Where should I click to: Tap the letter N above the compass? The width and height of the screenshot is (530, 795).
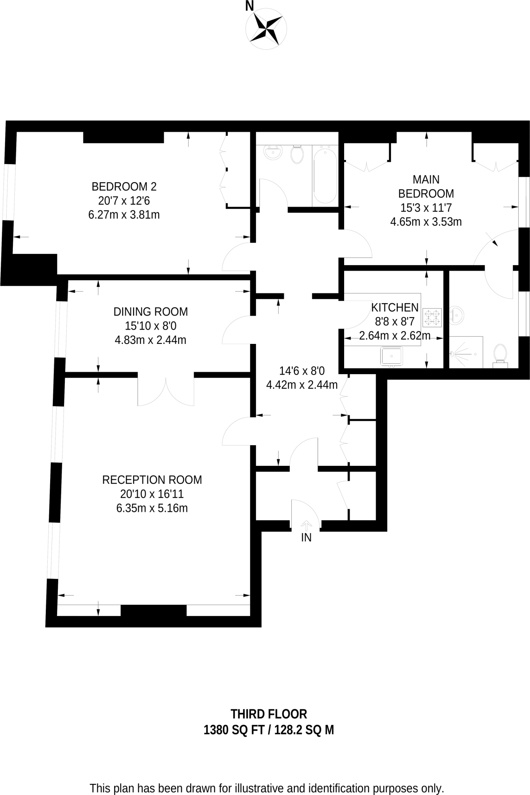pyautogui.click(x=249, y=6)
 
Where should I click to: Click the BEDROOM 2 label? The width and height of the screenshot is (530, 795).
pyautogui.click(x=124, y=187)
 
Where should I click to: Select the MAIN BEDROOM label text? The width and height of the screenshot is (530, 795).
pyautogui.click(x=426, y=186)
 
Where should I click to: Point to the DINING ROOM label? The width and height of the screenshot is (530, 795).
pyautogui.click(x=151, y=312)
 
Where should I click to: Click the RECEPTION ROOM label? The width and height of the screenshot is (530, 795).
pyautogui.click(x=152, y=480)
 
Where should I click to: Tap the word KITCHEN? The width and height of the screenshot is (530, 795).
pyautogui.click(x=395, y=308)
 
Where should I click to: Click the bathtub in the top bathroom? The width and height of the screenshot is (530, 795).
pyautogui.click(x=325, y=175)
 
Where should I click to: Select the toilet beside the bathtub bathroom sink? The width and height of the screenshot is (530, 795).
pyautogui.click(x=297, y=154)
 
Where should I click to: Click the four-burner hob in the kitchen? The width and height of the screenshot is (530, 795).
pyautogui.click(x=432, y=318)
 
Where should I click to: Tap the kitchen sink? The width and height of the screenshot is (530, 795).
pyautogui.click(x=391, y=356)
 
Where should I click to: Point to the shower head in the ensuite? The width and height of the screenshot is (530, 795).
pyautogui.click(x=452, y=354)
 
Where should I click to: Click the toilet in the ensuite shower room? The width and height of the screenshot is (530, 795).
pyautogui.click(x=500, y=354)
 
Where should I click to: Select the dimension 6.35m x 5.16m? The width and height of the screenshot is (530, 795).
pyautogui.click(x=152, y=508)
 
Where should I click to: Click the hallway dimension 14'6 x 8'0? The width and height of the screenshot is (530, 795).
pyautogui.click(x=302, y=371)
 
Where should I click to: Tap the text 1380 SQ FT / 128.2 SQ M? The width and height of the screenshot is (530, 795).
pyautogui.click(x=268, y=731)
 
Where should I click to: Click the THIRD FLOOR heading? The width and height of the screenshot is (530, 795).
pyautogui.click(x=268, y=714)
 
